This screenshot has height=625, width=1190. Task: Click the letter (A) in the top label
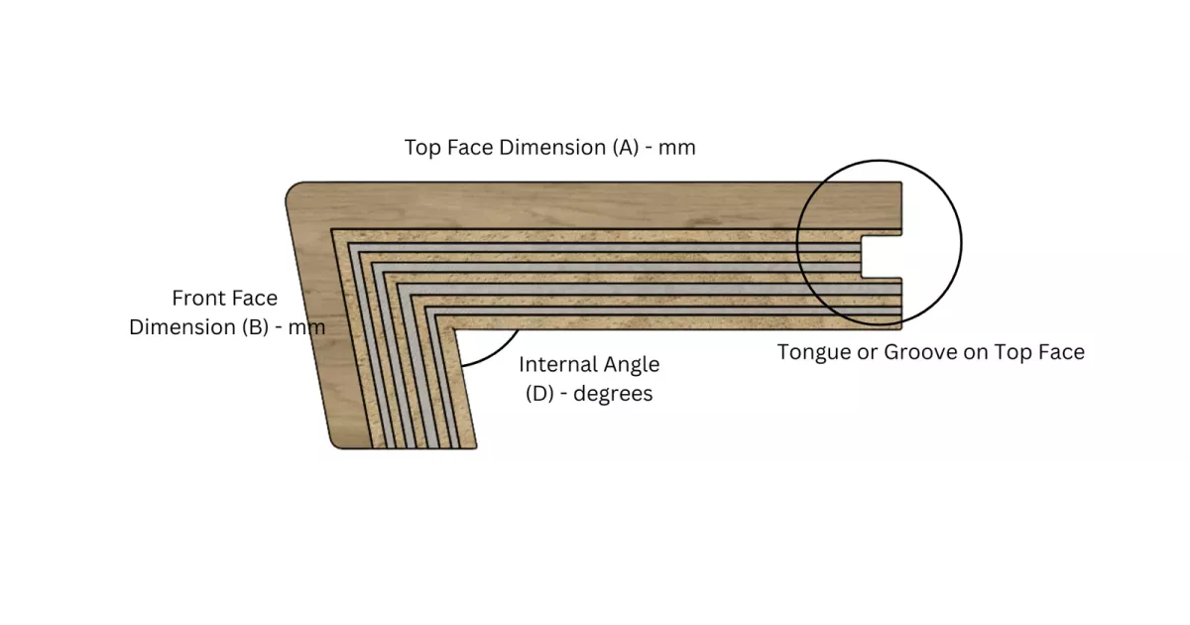[626, 147]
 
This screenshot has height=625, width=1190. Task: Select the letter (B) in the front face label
[255, 326]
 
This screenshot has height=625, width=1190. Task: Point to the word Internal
[558, 365]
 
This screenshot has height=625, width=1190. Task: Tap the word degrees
[613, 395]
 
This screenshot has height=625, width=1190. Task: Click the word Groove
[920, 352]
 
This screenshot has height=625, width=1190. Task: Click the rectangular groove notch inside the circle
[882, 257]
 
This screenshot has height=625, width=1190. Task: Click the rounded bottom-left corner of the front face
[338, 441]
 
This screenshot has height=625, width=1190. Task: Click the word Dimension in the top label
[552, 147]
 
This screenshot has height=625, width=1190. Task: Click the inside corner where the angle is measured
[453, 329]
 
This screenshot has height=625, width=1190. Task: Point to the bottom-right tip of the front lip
[476, 447]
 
